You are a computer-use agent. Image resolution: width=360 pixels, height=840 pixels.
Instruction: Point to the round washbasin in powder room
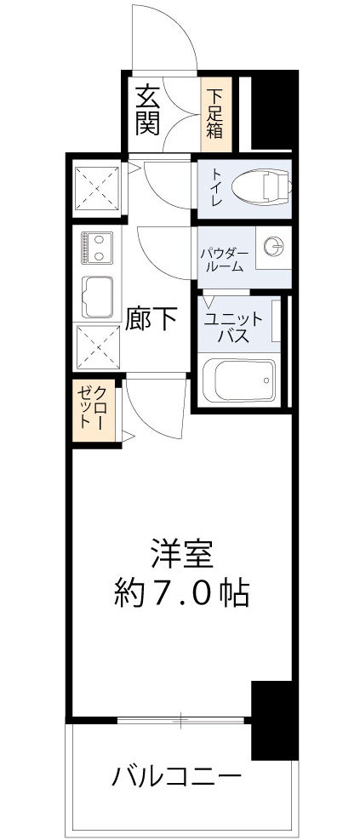pyautogui.click(x=272, y=247)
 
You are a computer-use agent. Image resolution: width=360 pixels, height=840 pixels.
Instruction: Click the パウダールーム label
pyautogui.click(x=223, y=258)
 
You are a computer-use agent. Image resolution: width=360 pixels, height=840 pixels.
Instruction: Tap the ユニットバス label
pyautogui.click(x=232, y=325)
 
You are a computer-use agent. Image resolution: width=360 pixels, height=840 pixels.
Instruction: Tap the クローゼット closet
pyautogui.click(x=93, y=411)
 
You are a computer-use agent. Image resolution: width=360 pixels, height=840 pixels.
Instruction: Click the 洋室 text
pyautogui.click(x=181, y=553)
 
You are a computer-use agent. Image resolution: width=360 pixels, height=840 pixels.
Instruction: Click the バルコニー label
pyautogui.click(x=177, y=776)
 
